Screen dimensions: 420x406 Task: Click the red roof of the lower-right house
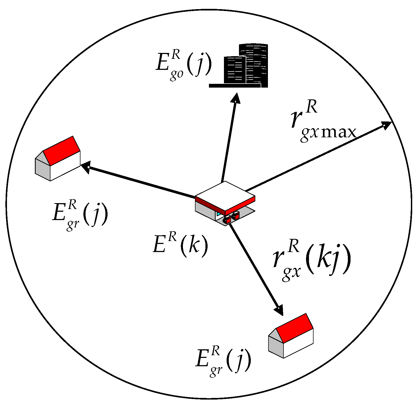pyautogui.click(x=294, y=328)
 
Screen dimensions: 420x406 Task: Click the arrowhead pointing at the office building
pyautogui.click(x=235, y=98)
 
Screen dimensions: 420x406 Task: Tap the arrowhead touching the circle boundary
pyautogui.click(x=386, y=125)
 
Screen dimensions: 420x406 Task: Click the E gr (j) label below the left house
pyautogui.click(x=80, y=215)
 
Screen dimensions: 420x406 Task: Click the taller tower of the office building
pyautogui.click(x=253, y=64)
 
